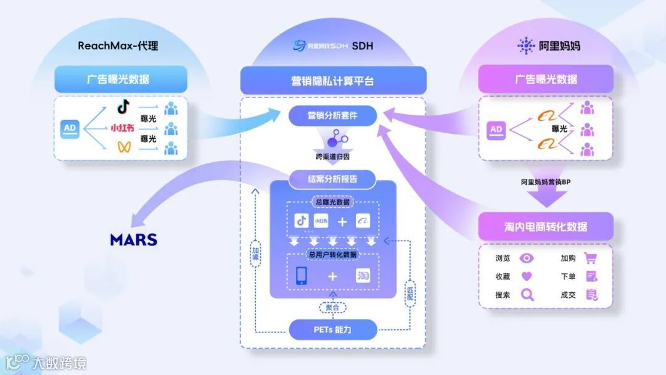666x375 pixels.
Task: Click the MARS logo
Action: tap(134, 239)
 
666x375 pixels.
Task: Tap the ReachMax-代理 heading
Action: tap(118, 46)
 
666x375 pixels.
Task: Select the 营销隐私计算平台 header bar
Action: tap(332, 81)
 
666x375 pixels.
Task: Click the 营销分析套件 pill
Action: tap(332, 115)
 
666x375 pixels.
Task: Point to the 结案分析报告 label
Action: tap(332, 179)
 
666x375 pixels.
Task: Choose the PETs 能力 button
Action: tap(332, 329)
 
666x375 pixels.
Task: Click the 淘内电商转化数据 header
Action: tap(545, 226)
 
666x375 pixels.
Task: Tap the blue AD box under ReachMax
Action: tap(70, 129)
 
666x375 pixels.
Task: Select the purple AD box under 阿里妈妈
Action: tap(495, 130)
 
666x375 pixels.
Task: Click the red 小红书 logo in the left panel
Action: tap(122, 128)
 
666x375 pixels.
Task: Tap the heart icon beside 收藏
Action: tap(527, 276)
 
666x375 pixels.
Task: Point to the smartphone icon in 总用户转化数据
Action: tap(302, 276)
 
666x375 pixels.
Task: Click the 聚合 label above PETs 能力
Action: tap(332, 307)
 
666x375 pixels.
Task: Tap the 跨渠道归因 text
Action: tap(332, 157)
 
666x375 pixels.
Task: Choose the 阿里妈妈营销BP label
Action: tap(545, 182)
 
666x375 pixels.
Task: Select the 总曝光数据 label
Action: tap(332, 202)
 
